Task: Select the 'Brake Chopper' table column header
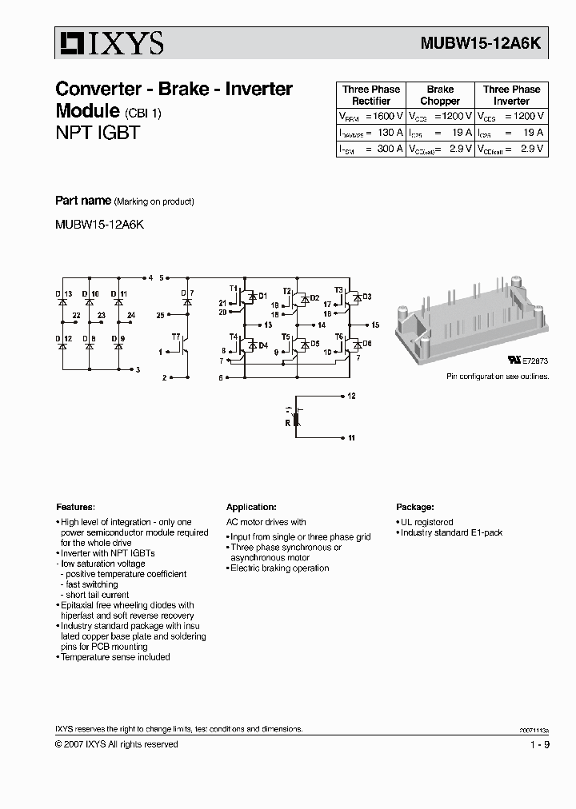[440, 95]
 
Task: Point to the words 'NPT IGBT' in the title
[97, 133]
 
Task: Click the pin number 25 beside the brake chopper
[160, 316]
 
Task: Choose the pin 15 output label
[374, 325]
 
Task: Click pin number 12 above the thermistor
[351, 397]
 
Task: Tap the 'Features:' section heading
[75, 507]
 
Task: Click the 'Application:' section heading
[251, 507]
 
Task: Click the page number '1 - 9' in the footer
[538, 744]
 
